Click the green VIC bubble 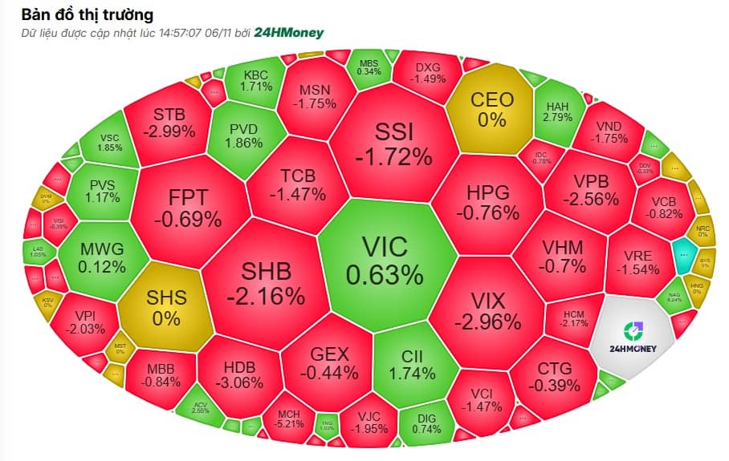coord(384,261)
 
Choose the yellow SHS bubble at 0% coord(166,306)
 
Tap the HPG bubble coord(487,202)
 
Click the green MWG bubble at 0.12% coord(103,257)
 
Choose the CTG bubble coord(555,376)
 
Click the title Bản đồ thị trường coord(88,14)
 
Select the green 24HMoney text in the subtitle coord(289,33)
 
